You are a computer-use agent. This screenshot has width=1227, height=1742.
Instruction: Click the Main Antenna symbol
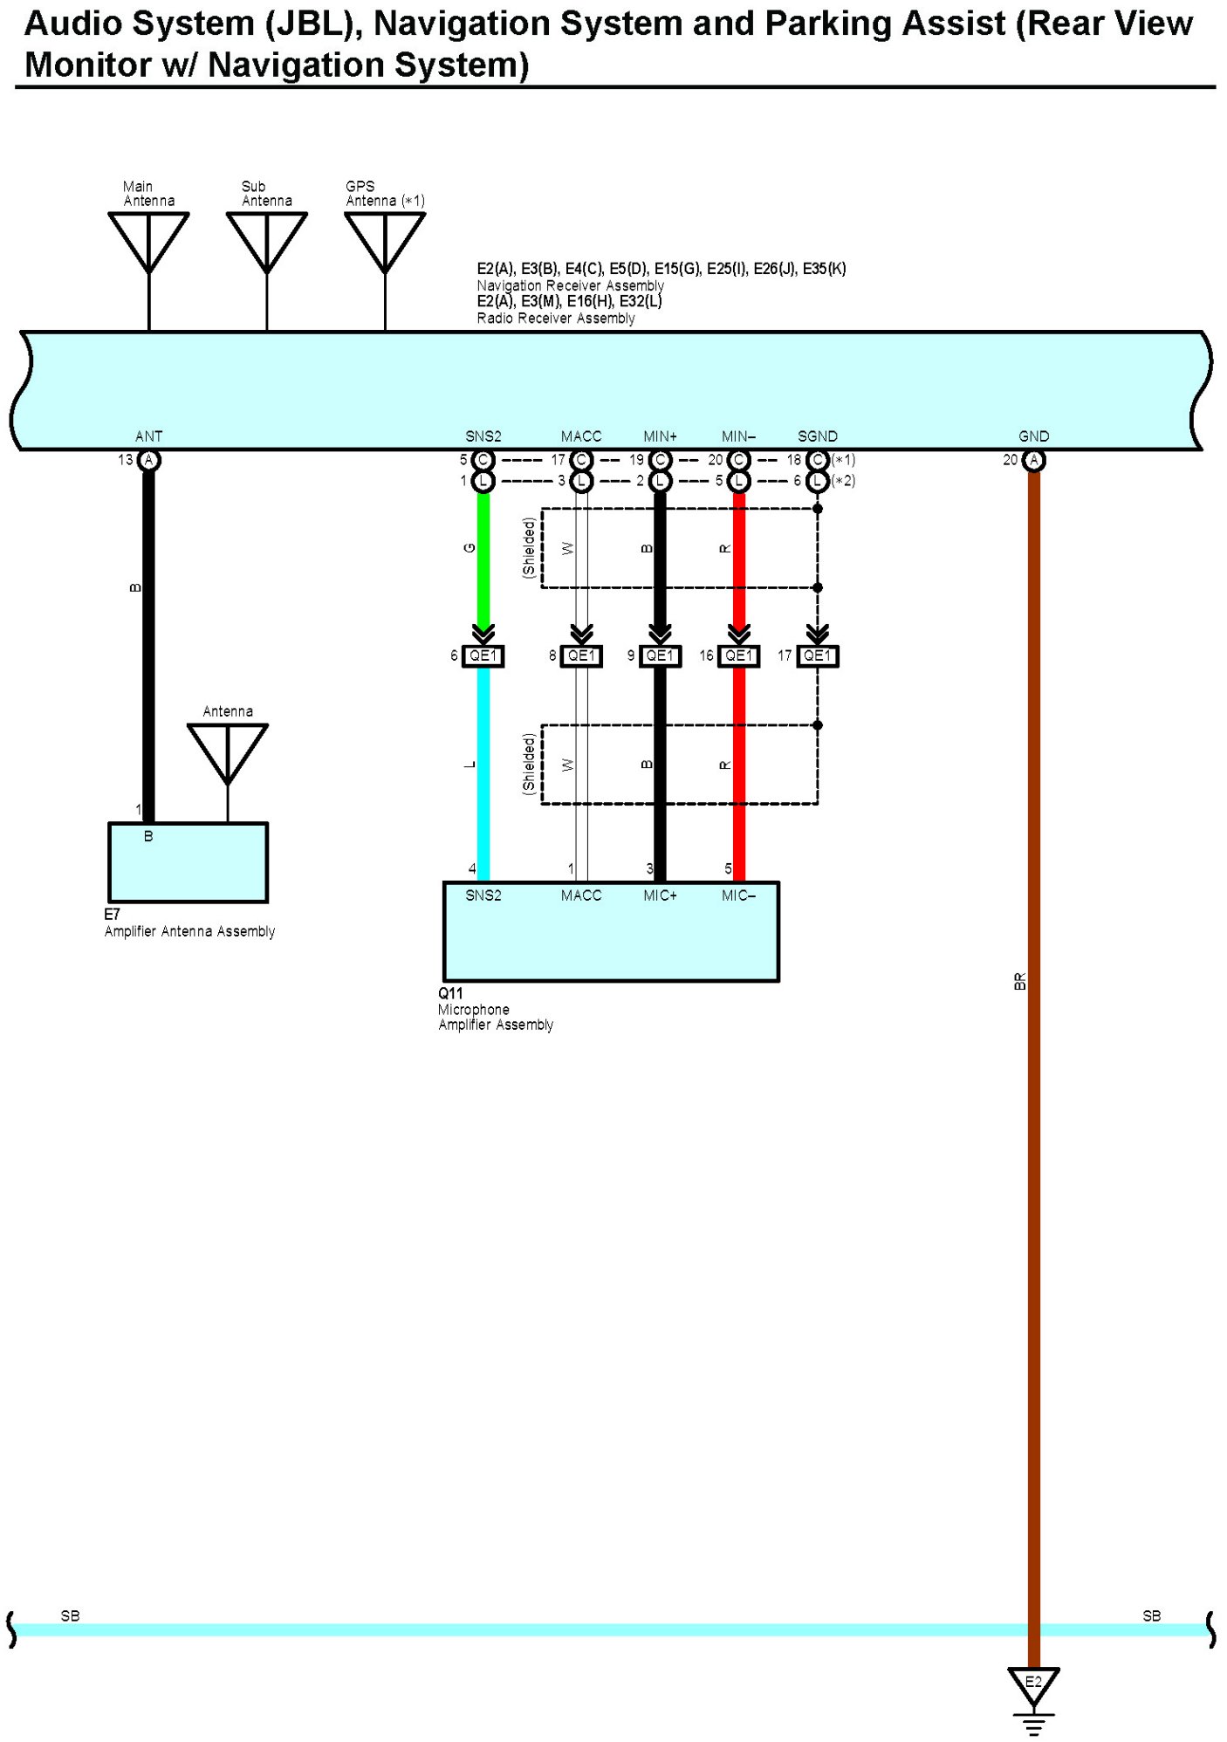point(148,241)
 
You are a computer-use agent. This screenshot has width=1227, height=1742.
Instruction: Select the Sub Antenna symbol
point(266,241)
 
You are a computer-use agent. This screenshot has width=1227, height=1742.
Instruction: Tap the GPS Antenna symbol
point(385,241)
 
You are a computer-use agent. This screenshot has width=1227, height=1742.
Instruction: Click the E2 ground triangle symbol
point(1033,1685)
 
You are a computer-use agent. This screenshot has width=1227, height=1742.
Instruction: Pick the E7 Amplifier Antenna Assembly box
point(188,862)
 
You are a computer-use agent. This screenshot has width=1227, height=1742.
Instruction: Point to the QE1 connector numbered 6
point(483,655)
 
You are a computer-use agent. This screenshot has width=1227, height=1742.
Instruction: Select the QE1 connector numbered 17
point(818,655)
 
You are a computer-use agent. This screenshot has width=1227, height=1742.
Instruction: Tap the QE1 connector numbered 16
point(738,655)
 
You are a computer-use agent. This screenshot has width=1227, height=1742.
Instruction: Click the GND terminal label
point(1033,436)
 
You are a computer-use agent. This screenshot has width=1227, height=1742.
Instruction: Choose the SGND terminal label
point(818,436)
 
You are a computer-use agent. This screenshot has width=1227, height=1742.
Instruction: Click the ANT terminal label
point(148,436)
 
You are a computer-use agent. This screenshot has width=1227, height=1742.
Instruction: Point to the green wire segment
point(483,559)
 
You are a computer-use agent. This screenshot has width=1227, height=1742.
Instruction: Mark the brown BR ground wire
point(1033,1135)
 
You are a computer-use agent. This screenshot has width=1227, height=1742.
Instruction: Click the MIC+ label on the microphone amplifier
point(660,895)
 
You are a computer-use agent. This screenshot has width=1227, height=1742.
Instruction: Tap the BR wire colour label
point(1019,981)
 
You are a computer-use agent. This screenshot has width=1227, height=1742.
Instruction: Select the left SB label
point(71,1616)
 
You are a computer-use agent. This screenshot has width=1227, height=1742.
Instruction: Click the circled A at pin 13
point(149,460)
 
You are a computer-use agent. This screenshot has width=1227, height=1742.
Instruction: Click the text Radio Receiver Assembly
point(556,319)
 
